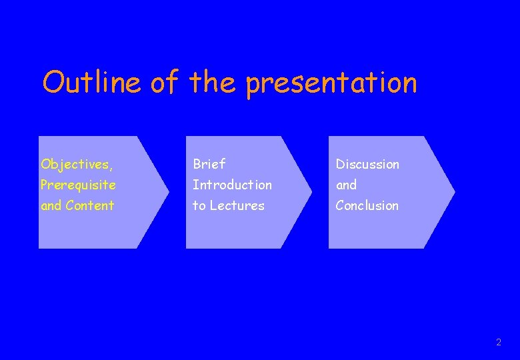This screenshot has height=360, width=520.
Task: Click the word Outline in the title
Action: pyautogui.click(x=91, y=83)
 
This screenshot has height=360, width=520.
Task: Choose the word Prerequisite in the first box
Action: pyautogui.click(x=78, y=185)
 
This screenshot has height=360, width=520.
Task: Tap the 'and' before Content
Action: pyautogui.click(x=51, y=205)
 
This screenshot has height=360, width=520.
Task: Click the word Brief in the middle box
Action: pyautogui.click(x=209, y=164)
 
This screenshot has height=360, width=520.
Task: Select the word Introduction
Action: pyautogui.click(x=232, y=185)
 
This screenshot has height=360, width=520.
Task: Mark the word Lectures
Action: pyautogui.click(x=237, y=205)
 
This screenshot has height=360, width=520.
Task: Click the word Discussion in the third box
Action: pyautogui.click(x=367, y=164)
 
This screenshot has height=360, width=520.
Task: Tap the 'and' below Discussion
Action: pyautogui.click(x=346, y=185)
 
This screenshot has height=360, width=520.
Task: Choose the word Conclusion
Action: pyautogui.click(x=367, y=205)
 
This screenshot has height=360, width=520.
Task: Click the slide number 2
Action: pyautogui.click(x=498, y=343)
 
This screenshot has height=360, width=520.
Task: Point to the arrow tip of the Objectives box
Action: pyautogui.click(x=168, y=192)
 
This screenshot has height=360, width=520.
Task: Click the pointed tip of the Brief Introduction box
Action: pyautogui.click(x=311, y=192)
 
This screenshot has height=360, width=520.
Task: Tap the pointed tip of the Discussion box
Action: pyautogui.click(x=454, y=192)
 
